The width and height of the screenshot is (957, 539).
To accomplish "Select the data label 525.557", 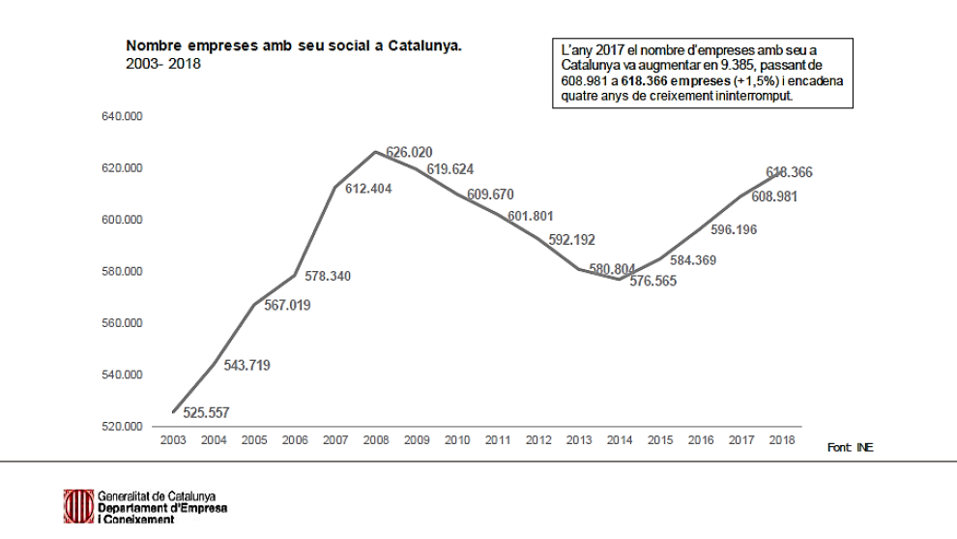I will (x=206, y=413).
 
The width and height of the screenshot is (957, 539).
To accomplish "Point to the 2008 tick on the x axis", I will (x=375, y=441).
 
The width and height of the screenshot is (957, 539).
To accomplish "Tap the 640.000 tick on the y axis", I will (x=122, y=117).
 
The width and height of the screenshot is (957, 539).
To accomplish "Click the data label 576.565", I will (x=653, y=282).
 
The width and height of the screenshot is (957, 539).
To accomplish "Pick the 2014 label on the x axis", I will (x=619, y=441).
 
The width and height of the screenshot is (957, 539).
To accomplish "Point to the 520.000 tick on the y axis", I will (x=122, y=426).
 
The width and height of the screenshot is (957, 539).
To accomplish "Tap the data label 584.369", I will (x=692, y=260).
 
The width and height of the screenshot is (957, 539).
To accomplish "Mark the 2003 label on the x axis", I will (x=173, y=441).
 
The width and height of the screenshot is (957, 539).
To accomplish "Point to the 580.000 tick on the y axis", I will (x=122, y=271).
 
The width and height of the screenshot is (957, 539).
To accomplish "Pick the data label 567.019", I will (x=287, y=306).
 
